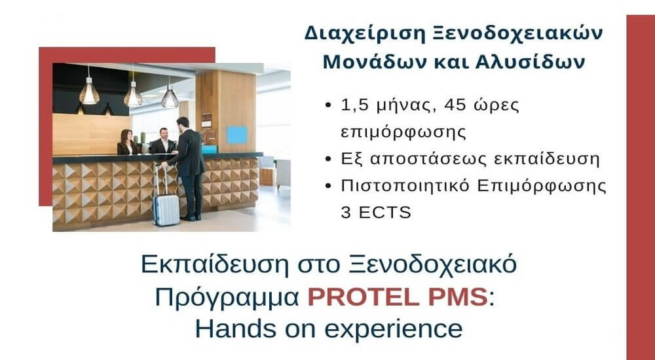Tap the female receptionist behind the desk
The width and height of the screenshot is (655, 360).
coord(126,142)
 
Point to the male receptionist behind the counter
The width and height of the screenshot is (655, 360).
coord(161,141)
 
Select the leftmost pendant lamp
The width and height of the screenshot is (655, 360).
coord(89,91)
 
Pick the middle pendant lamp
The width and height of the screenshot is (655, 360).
coord(134,95)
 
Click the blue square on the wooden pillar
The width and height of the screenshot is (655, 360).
coord(236,134)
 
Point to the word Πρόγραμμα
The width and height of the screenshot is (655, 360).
coord(229,297)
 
